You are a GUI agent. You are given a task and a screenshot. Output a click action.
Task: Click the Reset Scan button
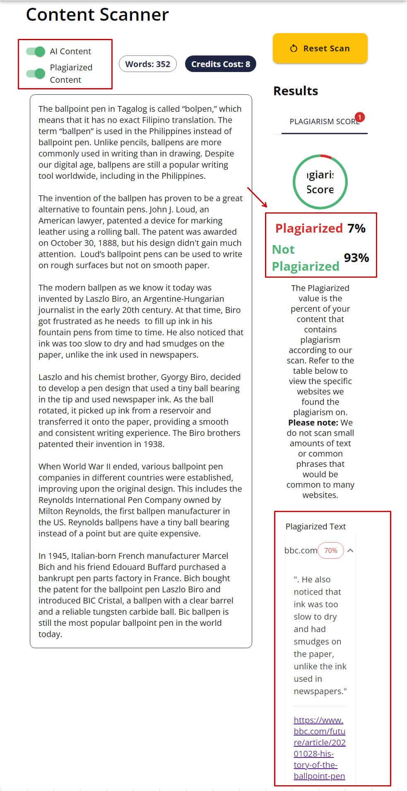point(320,48)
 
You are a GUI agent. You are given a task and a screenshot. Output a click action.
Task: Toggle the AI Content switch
point(36,52)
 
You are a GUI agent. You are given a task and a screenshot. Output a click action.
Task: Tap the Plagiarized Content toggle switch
point(36,74)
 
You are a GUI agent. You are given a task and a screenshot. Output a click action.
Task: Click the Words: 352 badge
point(147,64)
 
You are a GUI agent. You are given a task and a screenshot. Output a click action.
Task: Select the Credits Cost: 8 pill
point(220,64)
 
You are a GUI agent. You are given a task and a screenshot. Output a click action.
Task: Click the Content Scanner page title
point(97,15)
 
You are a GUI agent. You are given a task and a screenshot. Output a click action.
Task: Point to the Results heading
point(296,91)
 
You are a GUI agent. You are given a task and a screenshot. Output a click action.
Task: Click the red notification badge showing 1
point(360,117)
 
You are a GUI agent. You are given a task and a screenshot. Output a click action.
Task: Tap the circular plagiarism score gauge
point(320,182)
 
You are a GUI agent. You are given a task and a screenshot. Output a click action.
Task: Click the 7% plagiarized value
point(356,228)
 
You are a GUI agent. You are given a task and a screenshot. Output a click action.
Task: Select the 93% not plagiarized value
point(356,258)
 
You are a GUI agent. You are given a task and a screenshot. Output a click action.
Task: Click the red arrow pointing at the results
point(258,197)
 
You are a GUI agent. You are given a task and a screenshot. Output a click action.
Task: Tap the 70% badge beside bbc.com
point(330,551)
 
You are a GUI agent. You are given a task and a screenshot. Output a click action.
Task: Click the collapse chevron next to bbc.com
point(350,551)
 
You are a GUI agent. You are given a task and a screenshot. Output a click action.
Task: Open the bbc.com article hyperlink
point(319,748)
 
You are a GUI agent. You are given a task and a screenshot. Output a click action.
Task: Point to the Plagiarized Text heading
point(315,527)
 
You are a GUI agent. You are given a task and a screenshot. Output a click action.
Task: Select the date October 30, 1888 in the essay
point(78,243)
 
